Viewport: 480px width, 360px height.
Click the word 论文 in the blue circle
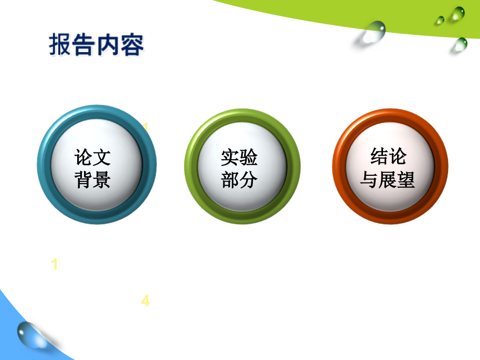point(93,157)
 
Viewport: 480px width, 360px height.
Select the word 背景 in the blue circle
point(93,181)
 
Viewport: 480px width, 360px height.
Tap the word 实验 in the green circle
point(239,157)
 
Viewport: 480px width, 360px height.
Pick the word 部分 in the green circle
point(239,181)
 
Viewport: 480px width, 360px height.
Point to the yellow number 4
point(146,301)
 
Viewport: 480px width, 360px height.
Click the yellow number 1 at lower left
point(55,265)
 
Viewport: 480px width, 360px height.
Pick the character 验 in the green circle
point(249,157)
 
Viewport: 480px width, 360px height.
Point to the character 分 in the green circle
point(249,181)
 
